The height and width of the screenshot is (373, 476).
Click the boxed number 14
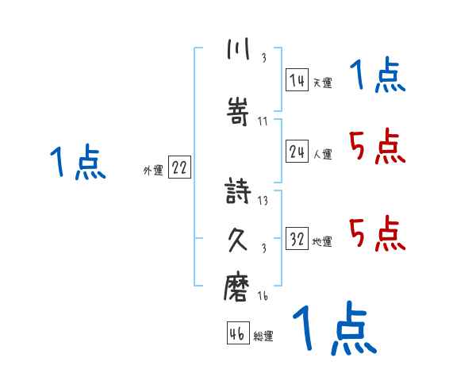(x=297, y=79)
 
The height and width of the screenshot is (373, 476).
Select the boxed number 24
(x=297, y=152)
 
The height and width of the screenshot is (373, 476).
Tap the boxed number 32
(x=297, y=240)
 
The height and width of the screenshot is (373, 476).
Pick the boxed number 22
(x=180, y=168)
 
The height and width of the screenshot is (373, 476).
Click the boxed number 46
(x=237, y=333)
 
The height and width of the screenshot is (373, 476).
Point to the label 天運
(x=322, y=82)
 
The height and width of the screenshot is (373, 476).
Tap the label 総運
(x=263, y=336)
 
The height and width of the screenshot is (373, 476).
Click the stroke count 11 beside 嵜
(x=263, y=121)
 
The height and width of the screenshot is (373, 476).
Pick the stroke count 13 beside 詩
(x=263, y=201)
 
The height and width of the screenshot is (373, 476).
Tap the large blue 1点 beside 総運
(x=334, y=329)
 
